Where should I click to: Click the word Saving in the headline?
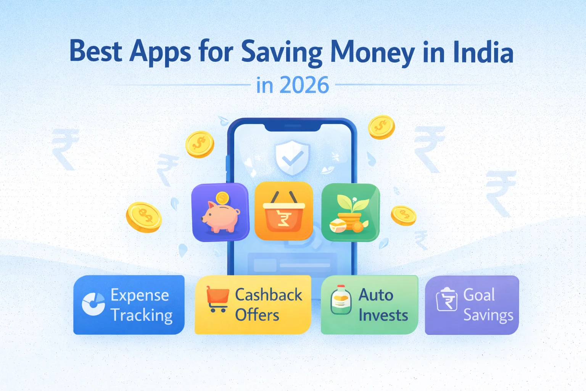[x=282, y=52]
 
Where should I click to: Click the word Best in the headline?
[x=95, y=51]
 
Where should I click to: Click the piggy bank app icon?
[x=221, y=212]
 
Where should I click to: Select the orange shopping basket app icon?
[x=284, y=211]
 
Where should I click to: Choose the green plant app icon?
[x=351, y=212]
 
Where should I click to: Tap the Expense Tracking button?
[x=129, y=305]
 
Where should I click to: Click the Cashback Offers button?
[x=253, y=305]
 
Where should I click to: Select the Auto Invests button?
[x=369, y=305]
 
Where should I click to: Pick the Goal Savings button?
[x=472, y=305]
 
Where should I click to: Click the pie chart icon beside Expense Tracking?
[x=93, y=304]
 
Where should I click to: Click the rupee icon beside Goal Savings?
[x=447, y=300]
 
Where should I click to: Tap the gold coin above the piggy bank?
[x=222, y=198]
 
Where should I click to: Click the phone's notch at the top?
[x=293, y=126]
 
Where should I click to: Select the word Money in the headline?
[x=372, y=52]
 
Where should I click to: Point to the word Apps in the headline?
[x=160, y=52]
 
